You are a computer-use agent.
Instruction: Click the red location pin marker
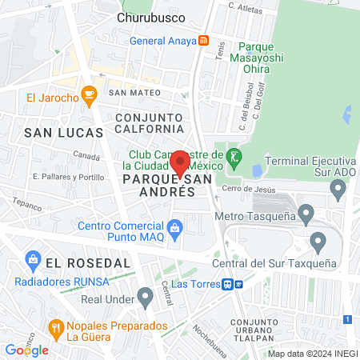click(180, 163)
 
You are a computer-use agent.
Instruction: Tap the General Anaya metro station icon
click(204, 41)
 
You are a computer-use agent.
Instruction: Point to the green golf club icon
click(234, 155)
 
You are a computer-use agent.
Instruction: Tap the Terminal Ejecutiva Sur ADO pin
click(338, 190)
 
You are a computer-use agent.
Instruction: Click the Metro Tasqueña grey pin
click(306, 214)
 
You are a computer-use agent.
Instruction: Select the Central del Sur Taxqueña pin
click(318, 241)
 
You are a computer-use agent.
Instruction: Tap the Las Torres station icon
click(230, 283)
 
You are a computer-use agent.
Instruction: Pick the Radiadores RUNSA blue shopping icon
click(33, 259)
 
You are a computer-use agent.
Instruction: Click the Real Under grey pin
click(145, 298)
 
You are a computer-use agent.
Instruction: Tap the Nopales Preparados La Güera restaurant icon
click(55, 328)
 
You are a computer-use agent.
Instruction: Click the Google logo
click(26, 350)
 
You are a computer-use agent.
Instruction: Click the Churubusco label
click(151, 17)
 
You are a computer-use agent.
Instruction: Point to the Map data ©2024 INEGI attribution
click(312, 354)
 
